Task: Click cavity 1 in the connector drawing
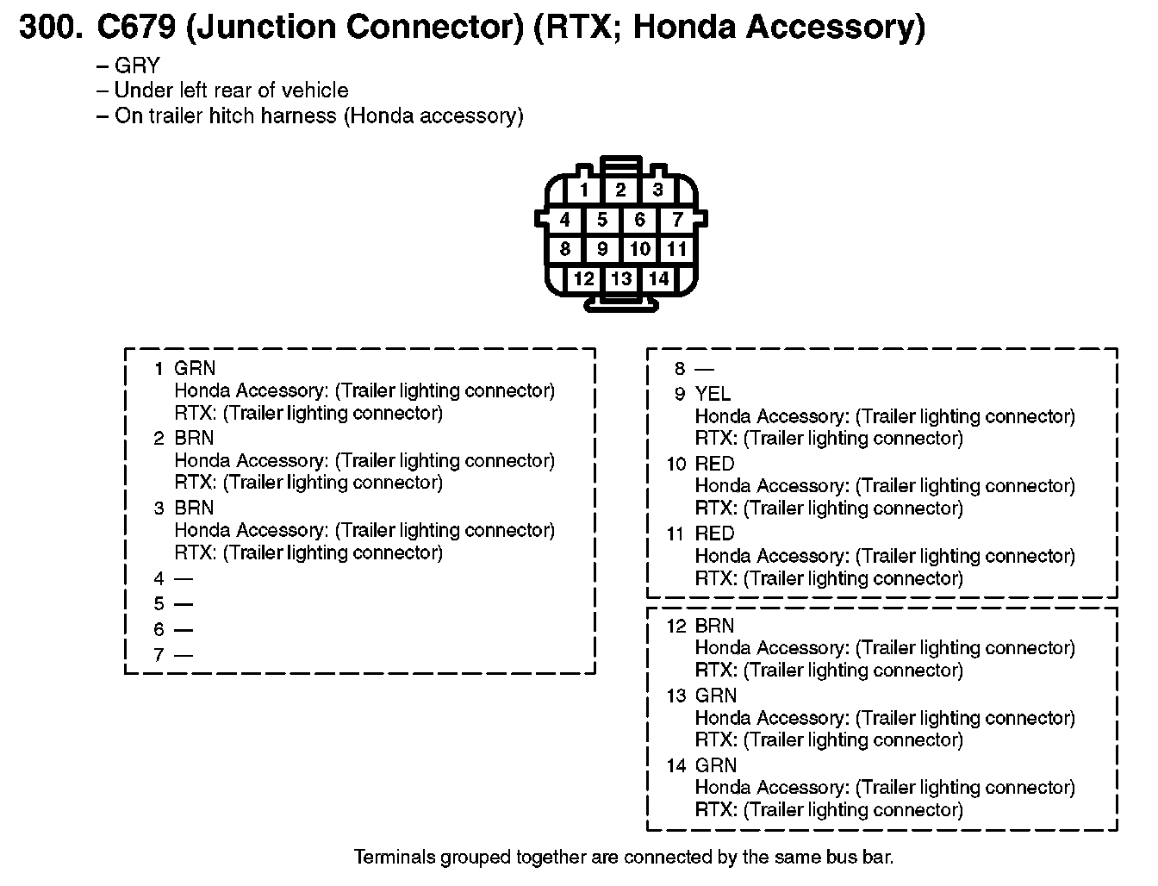coord(583,190)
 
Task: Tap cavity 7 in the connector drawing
coord(677,219)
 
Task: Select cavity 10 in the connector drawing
coord(640,248)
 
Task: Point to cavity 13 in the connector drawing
coord(621,278)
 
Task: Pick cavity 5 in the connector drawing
coord(602,219)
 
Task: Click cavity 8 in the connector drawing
coord(564,248)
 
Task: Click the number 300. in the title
coord(51,27)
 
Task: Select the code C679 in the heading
coord(137,27)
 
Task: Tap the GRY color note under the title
coord(137,66)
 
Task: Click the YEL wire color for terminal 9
coord(713,394)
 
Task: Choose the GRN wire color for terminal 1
coord(195,368)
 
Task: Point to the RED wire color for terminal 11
coord(714,533)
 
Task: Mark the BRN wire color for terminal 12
coord(714,626)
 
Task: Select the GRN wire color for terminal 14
coord(715,765)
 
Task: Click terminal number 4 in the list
coord(159,578)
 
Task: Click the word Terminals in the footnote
coord(394,857)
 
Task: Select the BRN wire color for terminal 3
coord(194,508)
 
